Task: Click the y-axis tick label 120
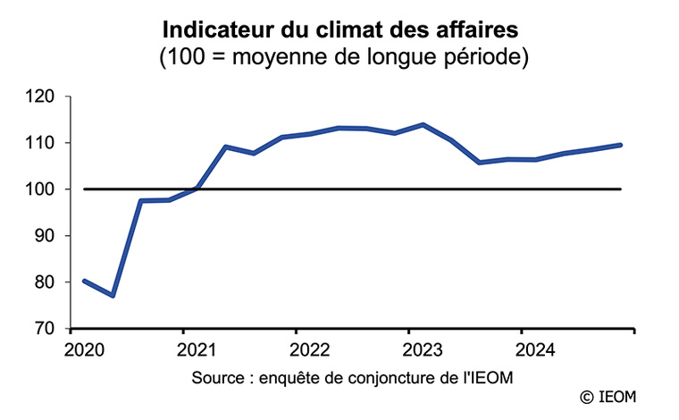click(42, 97)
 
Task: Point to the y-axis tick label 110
click(42, 143)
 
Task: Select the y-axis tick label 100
click(42, 189)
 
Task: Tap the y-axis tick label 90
click(46, 236)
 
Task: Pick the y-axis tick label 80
click(46, 282)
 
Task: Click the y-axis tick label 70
click(46, 329)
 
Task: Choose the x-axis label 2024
click(535, 349)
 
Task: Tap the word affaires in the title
click(482, 31)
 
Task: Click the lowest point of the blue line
click(113, 296)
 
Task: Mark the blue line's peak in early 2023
click(423, 124)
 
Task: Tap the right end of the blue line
click(621, 145)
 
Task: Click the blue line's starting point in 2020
click(84, 281)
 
